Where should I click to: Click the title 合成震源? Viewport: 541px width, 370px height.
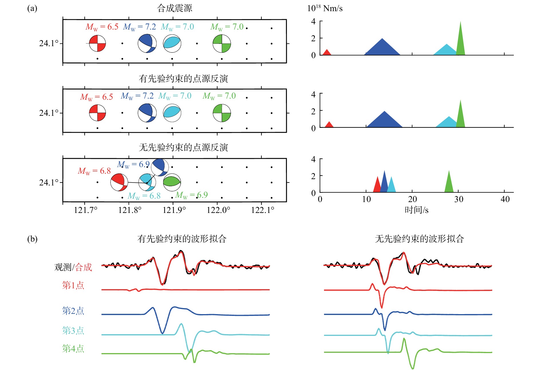tap(175, 8)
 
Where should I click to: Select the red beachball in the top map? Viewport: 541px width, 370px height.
tap(97, 43)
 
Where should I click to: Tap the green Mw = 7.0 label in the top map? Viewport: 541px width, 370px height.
tap(227, 27)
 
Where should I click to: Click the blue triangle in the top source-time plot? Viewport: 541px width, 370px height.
tap(382, 46)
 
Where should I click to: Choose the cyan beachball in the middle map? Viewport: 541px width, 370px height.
tap(172, 113)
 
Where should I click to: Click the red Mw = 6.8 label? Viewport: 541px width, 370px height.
tap(94, 171)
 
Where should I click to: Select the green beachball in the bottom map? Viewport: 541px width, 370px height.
tap(172, 182)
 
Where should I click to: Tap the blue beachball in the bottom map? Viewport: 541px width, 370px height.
tap(160, 167)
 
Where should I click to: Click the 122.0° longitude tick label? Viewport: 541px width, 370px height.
tap(218, 210)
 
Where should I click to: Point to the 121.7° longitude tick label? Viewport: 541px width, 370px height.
tap(86, 210)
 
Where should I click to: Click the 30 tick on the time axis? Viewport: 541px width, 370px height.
tap(459, 199)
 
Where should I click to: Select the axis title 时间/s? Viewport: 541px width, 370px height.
tap(416, 210)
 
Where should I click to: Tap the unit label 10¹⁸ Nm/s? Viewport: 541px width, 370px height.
tap(325, 8)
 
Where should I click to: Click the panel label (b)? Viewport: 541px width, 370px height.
tap(32, 239)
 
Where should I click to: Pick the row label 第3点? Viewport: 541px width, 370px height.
tap(73, 330)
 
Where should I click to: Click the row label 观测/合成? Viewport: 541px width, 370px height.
tap(73, 267)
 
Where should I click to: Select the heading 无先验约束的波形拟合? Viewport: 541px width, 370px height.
tap(419, 239)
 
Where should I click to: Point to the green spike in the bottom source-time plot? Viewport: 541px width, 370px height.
tap(449, 181)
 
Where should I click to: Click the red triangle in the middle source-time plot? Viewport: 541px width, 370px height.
tap(329, 124)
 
